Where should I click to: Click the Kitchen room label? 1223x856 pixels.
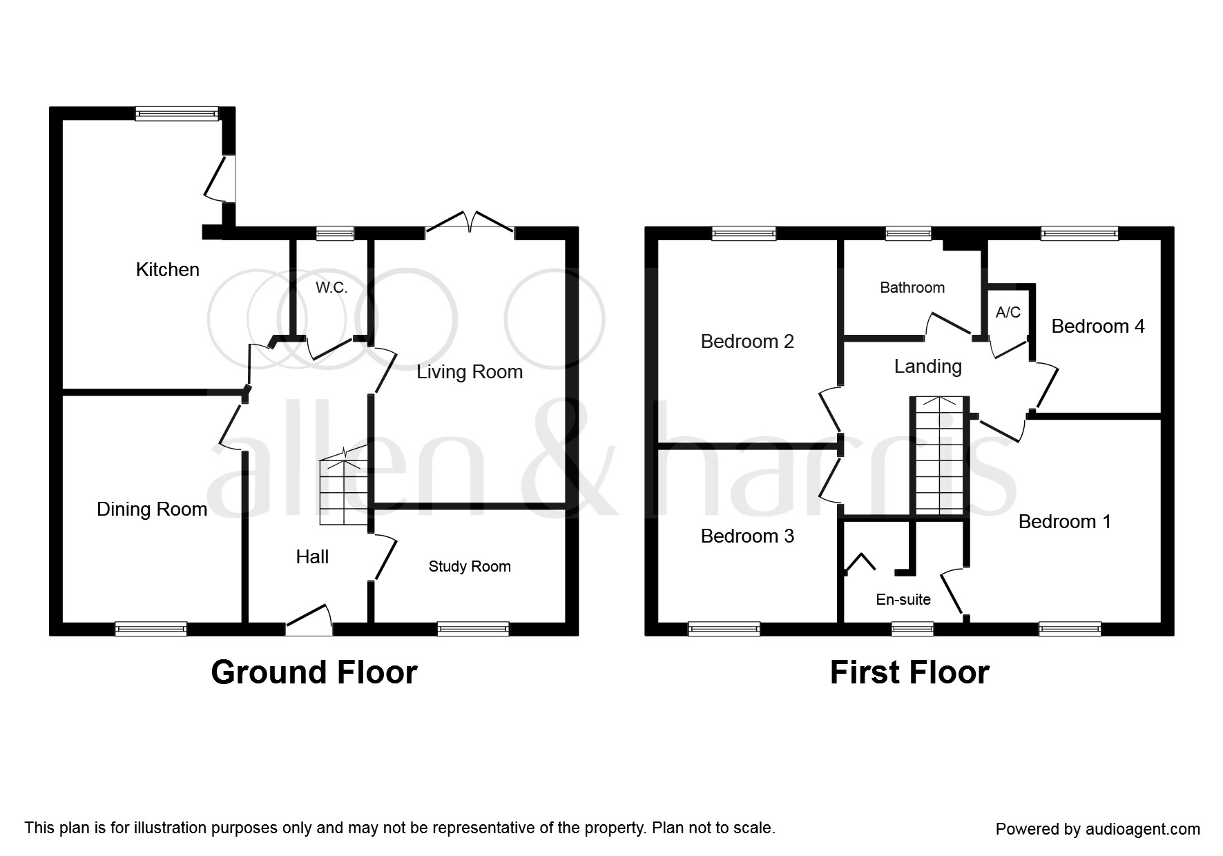[x=167, y=269]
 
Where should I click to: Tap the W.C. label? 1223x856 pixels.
[x=331, y=288]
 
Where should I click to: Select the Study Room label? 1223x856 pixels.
[x=470, y=567]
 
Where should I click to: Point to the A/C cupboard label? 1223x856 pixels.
[x=1008, y=312]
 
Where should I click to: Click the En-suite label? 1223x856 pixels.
[x=903, y=600]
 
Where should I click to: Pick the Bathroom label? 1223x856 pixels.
[x=912, y=287]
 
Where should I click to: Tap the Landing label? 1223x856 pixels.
[x=928, y=366]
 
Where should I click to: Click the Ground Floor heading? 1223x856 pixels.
[x=314, y=672]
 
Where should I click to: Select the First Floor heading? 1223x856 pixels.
[x=909, y=672]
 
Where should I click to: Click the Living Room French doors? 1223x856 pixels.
[x=470, y=222]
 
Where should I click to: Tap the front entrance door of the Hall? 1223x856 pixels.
[x=309, y=619]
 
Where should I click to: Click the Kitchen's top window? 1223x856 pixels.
[x=177, y=114]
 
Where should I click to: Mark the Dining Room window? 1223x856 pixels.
[x=151, y=629]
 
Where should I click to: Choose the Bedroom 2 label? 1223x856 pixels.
[x=747, y=341]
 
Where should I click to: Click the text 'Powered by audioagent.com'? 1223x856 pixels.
[x=1098, y=829]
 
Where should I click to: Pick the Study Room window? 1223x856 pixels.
[x=473, y=629]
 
